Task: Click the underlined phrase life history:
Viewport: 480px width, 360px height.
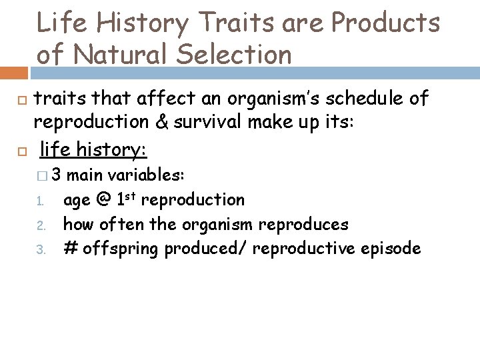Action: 93,150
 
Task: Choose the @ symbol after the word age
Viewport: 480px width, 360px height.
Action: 103,200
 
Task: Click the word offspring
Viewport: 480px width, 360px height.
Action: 120,249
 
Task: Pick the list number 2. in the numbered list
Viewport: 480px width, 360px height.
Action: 39,225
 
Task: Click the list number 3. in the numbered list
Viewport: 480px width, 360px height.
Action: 39,250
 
